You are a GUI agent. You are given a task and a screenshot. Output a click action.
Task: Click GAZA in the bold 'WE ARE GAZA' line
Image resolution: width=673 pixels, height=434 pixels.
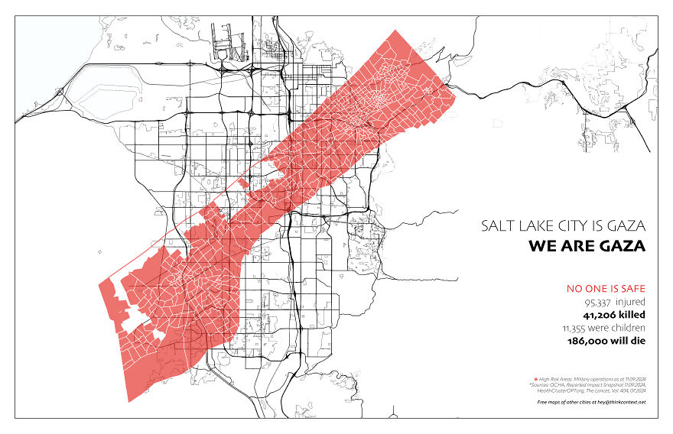(622, 247)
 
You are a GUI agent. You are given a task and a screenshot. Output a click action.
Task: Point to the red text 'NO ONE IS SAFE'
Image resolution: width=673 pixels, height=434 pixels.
(606, 289)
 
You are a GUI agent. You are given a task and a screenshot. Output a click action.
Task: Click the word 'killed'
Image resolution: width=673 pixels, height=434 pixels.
(632, 315)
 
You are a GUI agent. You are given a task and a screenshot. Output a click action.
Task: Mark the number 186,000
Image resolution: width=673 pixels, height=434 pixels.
(592, 341)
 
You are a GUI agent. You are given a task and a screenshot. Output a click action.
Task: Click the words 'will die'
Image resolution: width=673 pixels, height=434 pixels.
(631, 341)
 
